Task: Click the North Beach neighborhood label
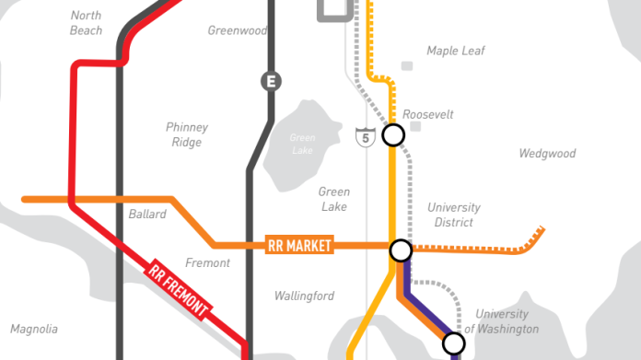(86, 23)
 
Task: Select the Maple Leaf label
(455, 51)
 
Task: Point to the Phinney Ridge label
(187, 134)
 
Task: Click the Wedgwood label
(547, 154)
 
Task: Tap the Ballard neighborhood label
(147, 215)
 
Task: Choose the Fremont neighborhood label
(207, 263)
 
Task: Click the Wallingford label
(304, 296)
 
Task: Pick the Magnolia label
(34, 329)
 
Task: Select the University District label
(454, 215)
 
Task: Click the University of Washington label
(501, 321)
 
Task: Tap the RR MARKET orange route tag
(298, 246)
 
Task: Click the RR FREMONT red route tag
(180, 291)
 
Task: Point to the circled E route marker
(270, 81)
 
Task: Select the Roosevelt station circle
(393, 135)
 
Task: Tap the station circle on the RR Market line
(401, 250)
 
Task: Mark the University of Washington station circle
(453, 344)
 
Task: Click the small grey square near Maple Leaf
(407, 66)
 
